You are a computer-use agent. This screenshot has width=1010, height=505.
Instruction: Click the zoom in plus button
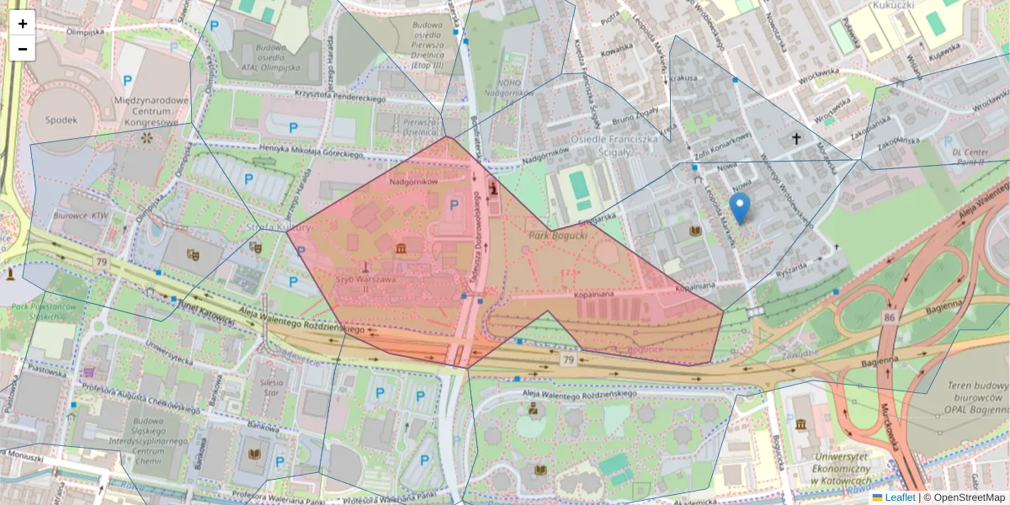(x=22, y=23)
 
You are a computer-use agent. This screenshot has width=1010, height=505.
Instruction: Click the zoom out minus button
(x=22, y=49)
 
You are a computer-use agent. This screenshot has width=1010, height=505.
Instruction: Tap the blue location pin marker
(x=739, y=207)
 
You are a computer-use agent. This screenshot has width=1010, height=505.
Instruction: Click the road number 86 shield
(x=889, y=317)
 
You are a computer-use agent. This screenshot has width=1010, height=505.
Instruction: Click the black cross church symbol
(x=796, y=137)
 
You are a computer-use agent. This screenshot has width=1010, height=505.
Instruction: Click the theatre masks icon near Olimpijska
(x=193, y=255)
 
